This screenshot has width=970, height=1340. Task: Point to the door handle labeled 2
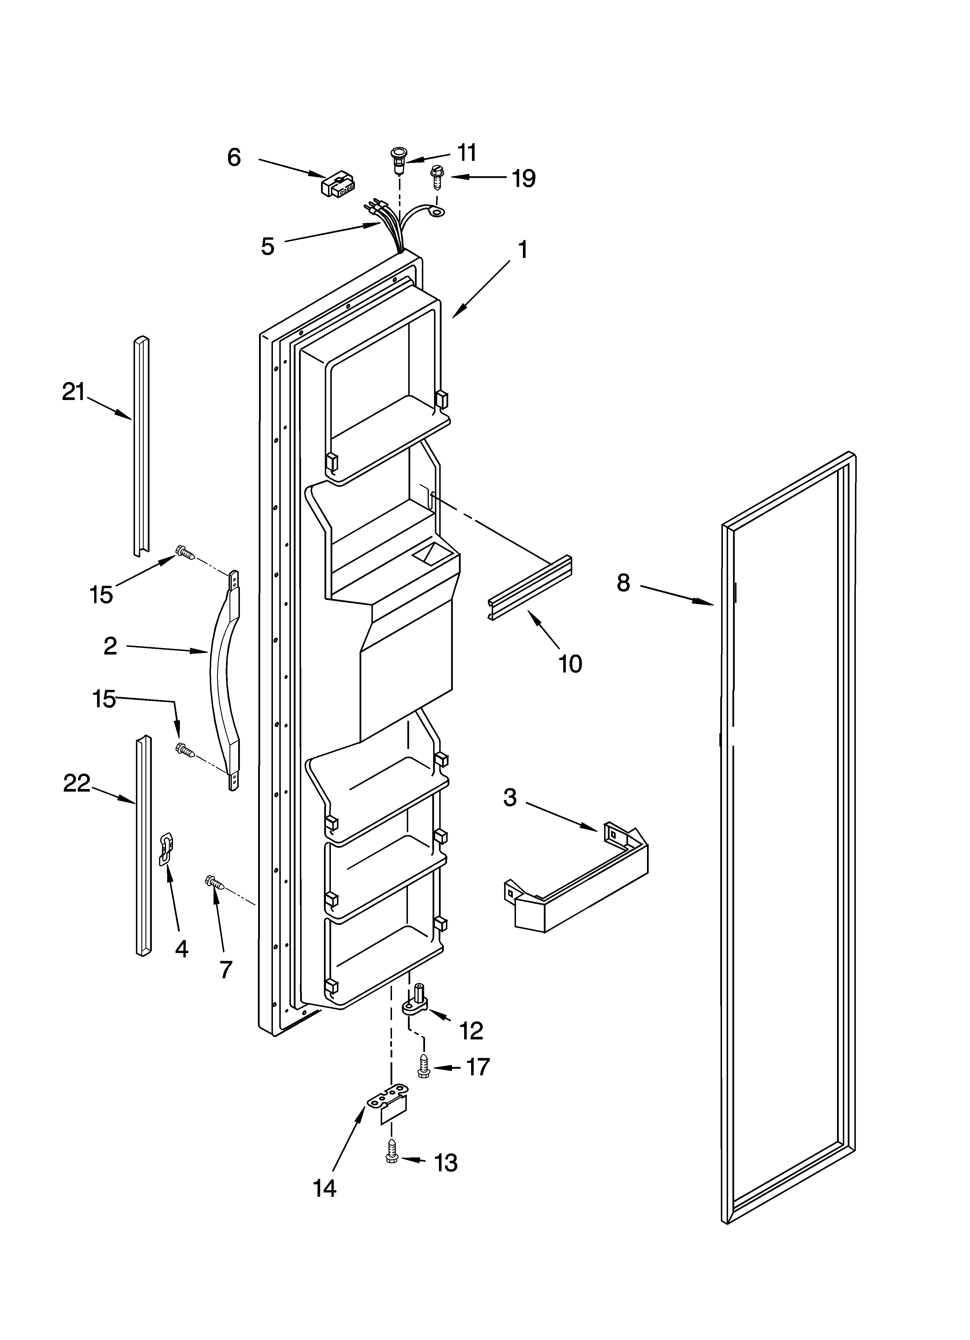(x=223, y=679)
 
